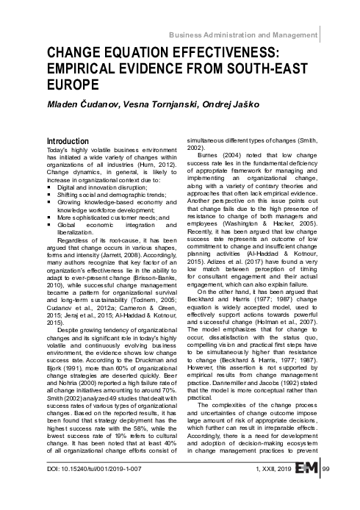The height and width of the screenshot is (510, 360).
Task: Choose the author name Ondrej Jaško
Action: point(250,104)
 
